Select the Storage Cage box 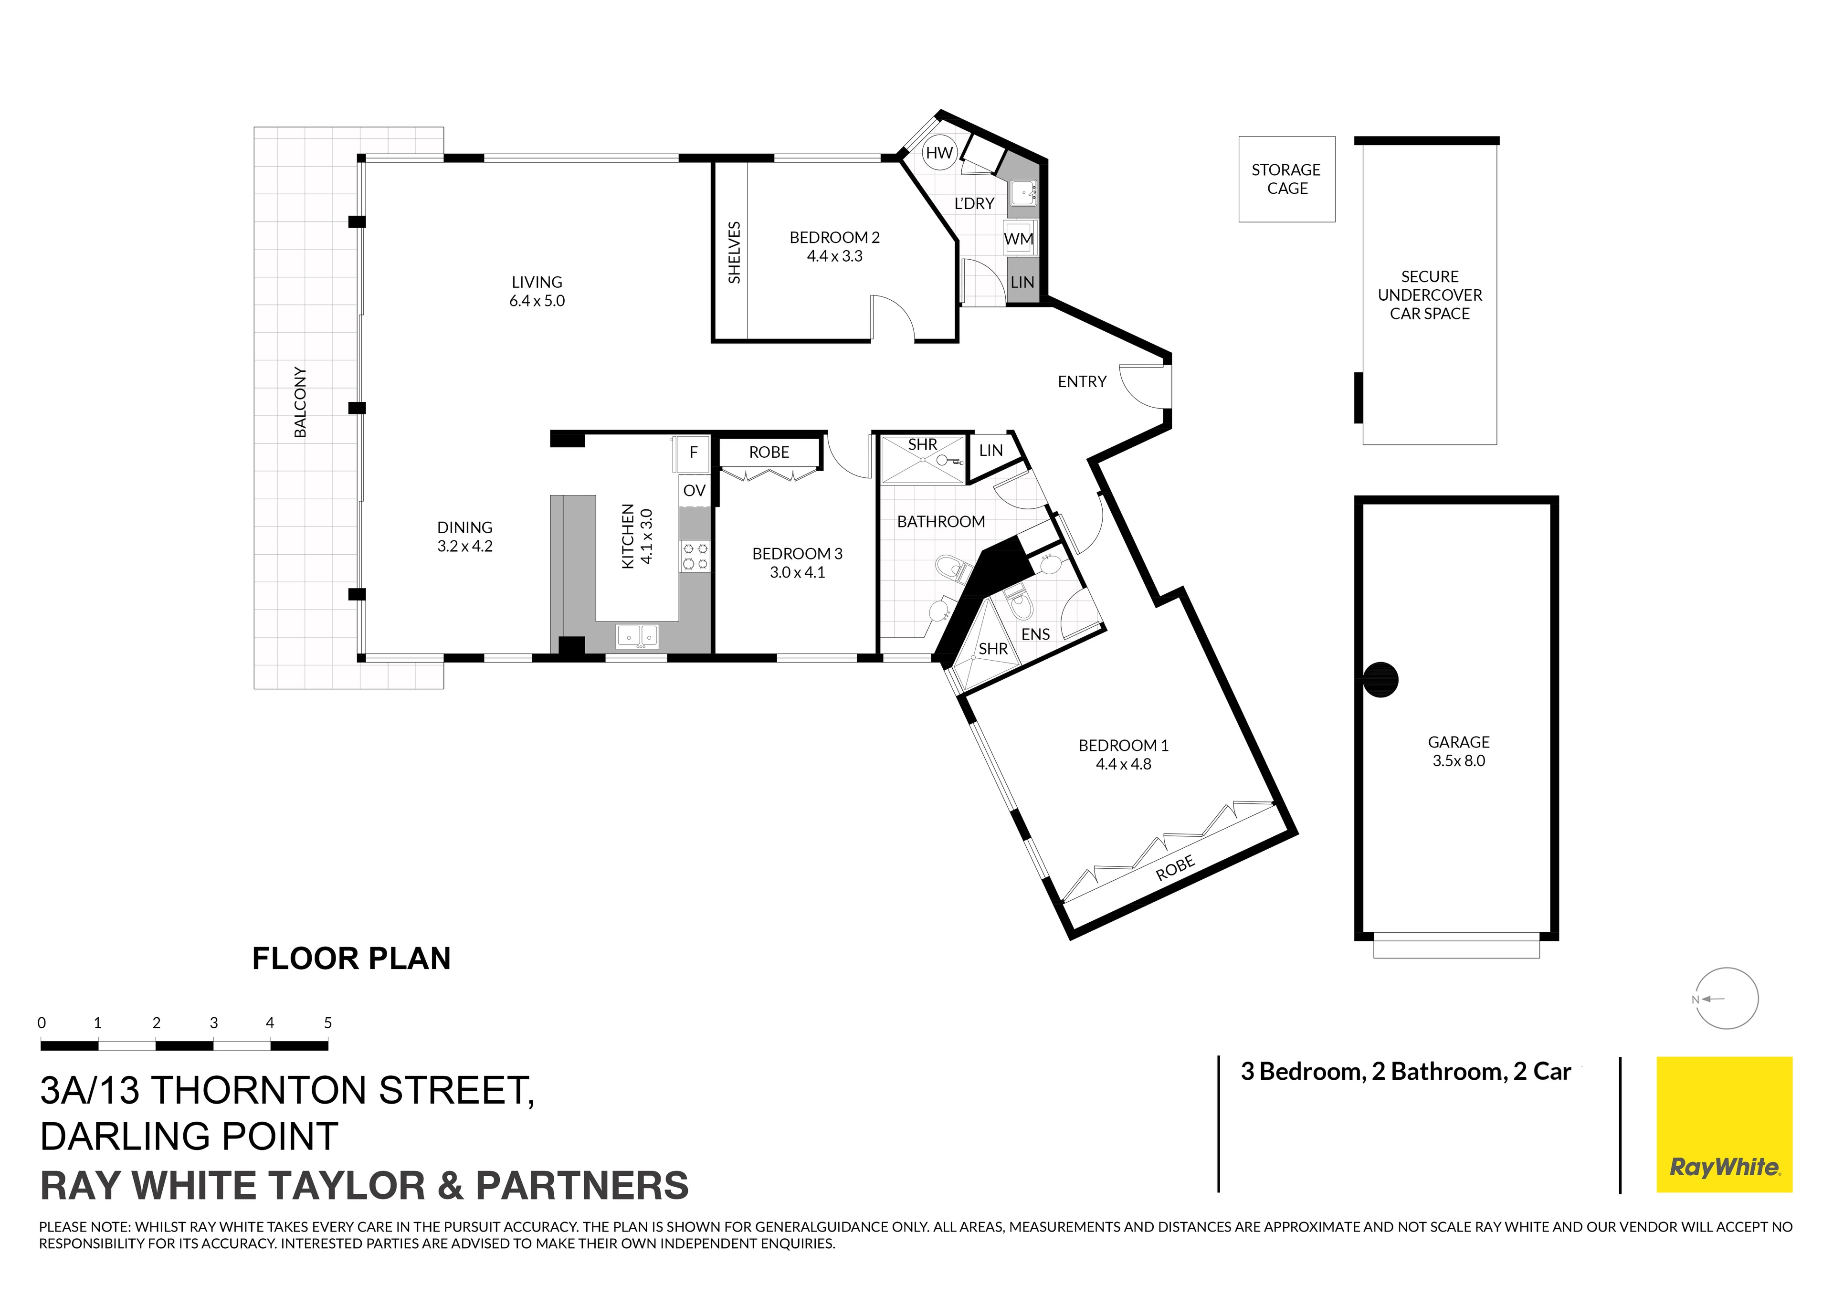click(1286, 179)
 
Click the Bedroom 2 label click(834, 237)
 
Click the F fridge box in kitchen click(693, 452)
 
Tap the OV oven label click(694, 490)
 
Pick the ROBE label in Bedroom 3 click(769, 452)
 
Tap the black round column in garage click(1380, 680)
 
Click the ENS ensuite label click(1035, 634)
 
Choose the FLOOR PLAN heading click(351, 958)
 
